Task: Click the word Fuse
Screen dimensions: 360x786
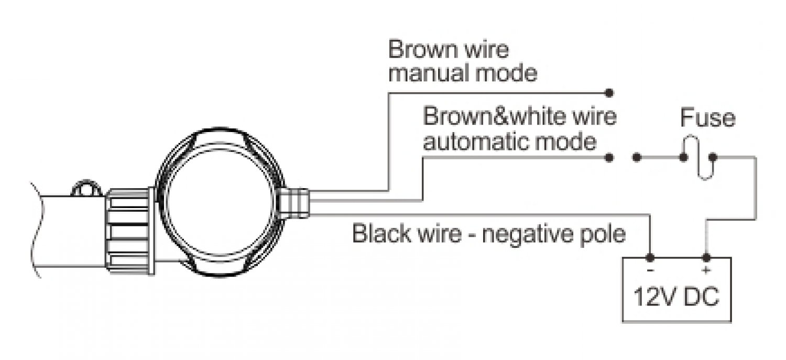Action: [707, 118]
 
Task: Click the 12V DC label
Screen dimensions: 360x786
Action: [676, 297]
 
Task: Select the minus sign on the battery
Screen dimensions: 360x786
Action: [650, 270]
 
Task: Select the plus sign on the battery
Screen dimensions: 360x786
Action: [705, 270]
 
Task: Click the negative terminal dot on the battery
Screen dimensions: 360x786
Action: [650, 258]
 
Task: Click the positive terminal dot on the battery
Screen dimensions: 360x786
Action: [706, 258]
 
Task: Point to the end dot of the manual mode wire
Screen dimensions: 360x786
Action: [609, 93]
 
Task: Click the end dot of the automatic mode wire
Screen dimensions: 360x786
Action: [609, 157]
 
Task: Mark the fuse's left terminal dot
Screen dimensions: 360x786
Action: [683, 157]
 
